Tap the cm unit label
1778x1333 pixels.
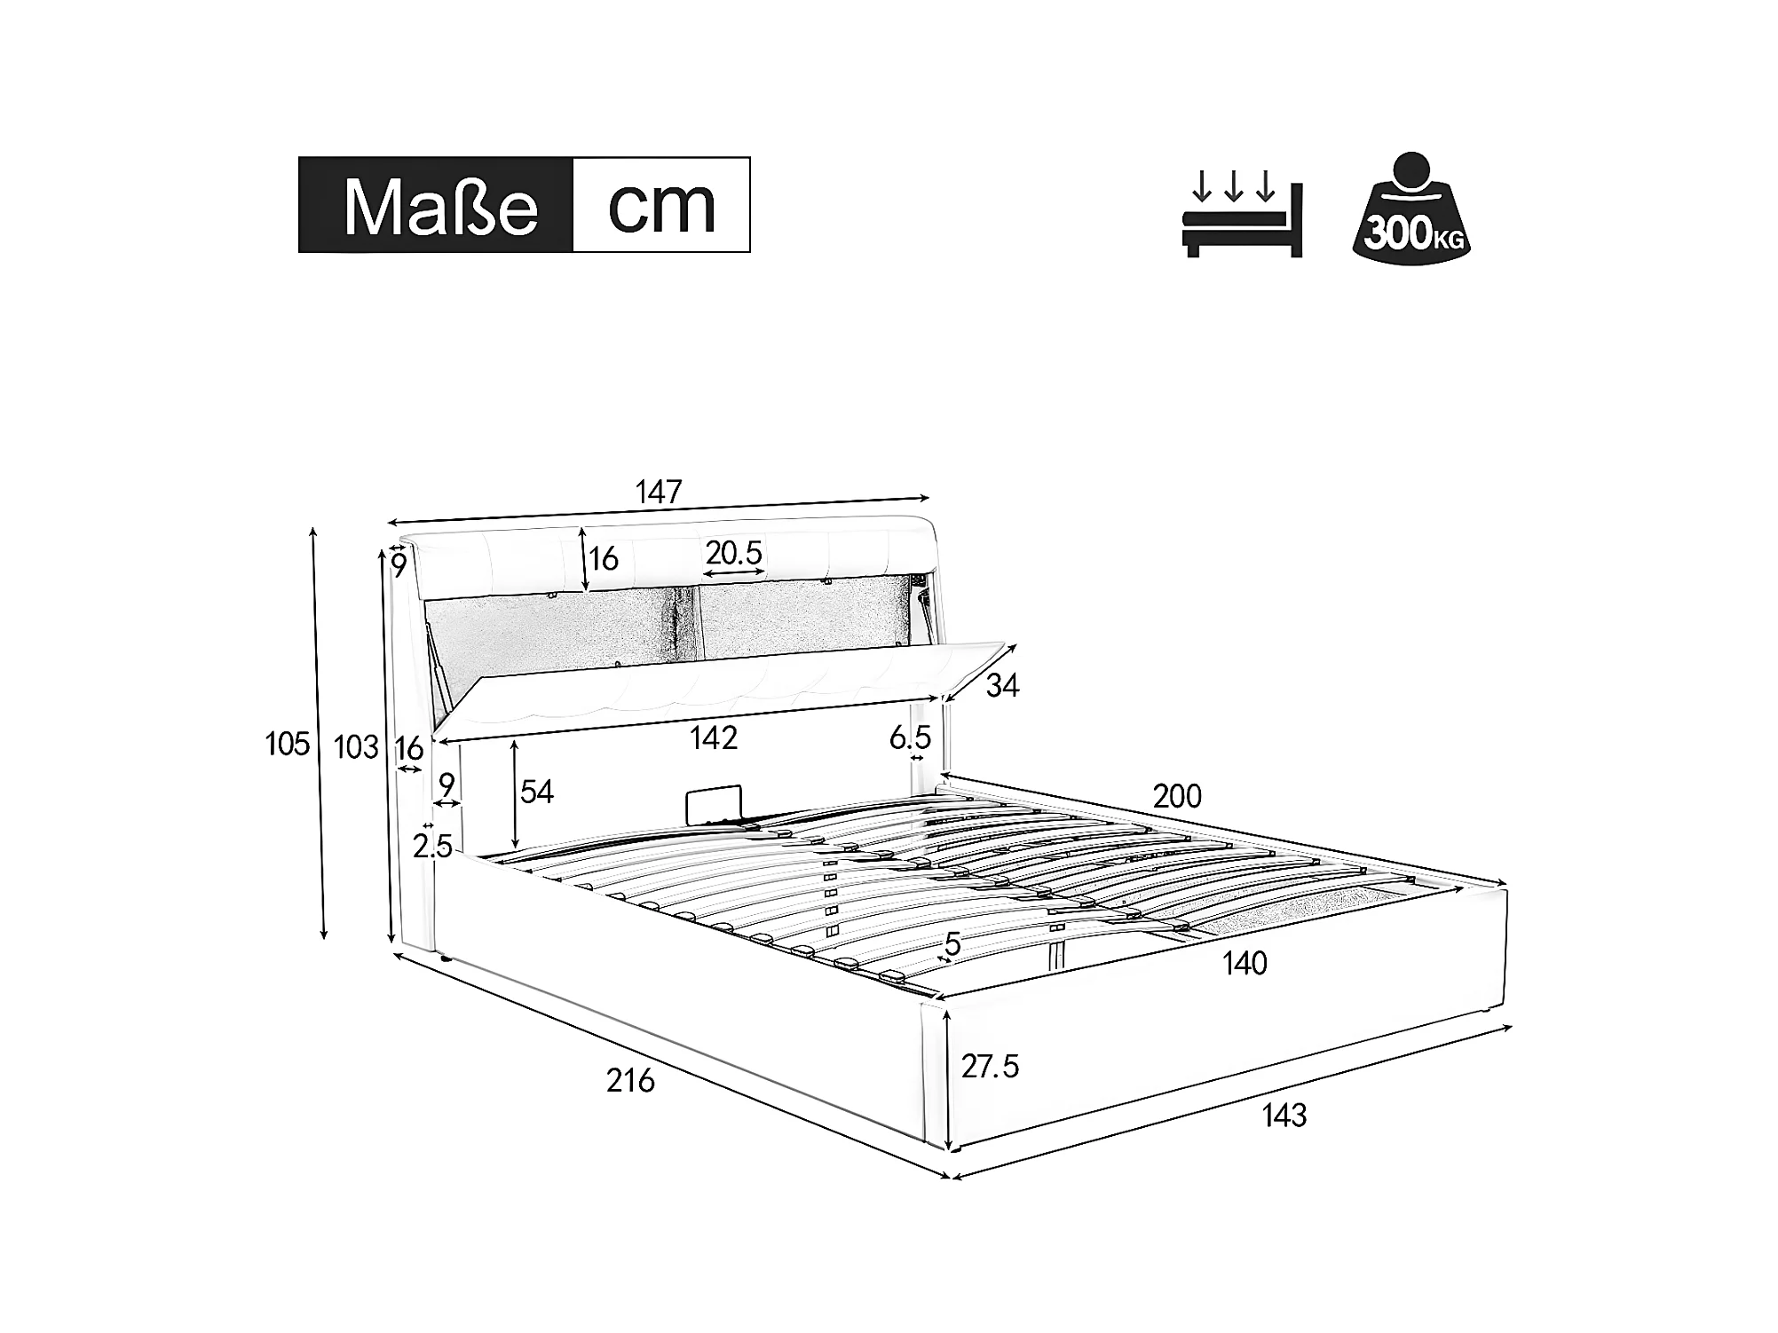pos(661,206)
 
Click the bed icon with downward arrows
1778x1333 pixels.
pos(1242,213)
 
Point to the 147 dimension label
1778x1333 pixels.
pos(659,492)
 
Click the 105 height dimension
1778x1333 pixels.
pos(288,744)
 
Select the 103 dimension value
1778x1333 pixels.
pos(356,748)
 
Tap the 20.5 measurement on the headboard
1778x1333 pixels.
pos(734,553)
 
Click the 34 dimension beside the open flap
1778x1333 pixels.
pos(1002,685)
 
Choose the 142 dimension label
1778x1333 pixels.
pos(714,738)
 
